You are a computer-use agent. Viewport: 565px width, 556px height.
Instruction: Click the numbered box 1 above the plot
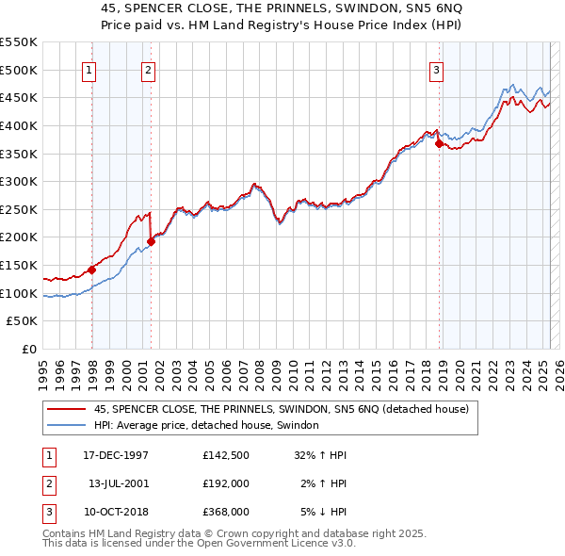89,68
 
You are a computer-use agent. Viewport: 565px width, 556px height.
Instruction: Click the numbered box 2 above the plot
149,68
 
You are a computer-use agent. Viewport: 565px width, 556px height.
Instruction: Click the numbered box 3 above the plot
437,68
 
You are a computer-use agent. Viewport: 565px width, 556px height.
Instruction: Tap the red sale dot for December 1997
92,270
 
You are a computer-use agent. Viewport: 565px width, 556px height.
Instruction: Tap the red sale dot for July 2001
152,242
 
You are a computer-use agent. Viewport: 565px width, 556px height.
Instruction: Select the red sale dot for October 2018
439,144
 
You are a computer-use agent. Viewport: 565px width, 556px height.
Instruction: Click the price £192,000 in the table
226,484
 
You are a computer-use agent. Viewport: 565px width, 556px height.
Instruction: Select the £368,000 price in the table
226,513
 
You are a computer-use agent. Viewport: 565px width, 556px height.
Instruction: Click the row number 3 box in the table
47,513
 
